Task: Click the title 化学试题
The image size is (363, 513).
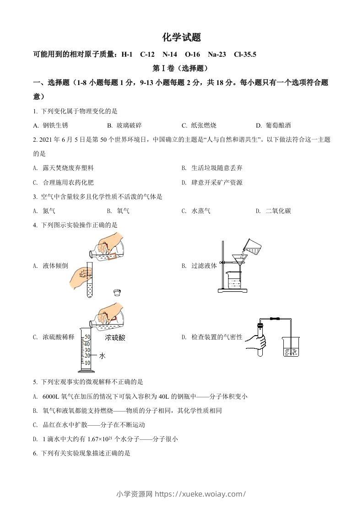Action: pyautogui.click(x=182, y=37)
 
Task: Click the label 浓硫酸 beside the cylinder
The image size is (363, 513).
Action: pyautogui.click(x=115, y=338)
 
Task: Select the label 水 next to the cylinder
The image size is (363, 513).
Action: pyautogui.click(x=102, y=355)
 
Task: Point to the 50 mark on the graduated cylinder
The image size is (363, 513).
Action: pyautogui.click(x=87, y=337)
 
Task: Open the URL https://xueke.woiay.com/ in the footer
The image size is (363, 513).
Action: pyautogui.click(x=200, y=494)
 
